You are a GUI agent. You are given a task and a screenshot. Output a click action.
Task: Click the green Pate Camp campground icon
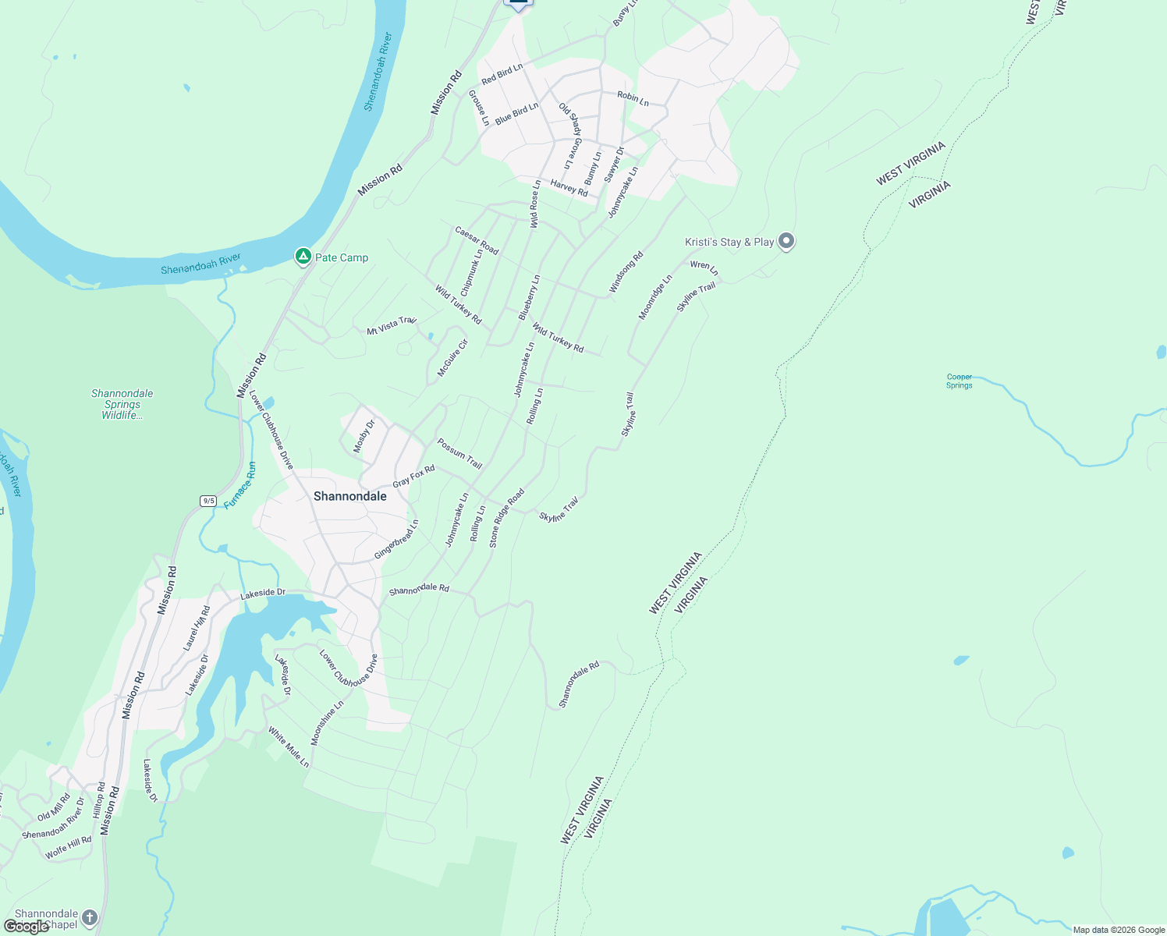pyautogui.click(x=303, y=256)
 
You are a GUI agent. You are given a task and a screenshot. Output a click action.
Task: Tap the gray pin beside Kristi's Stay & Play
pyautogui.click(x=786, y=241)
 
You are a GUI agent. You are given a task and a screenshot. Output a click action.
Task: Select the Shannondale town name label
pyautogui.click(x=349, y=496)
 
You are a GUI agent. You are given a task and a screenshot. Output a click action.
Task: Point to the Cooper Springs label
pyautogui.click(x=959, y=381)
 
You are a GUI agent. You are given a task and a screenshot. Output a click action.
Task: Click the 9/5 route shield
pyautogui.click(x=208, y=501)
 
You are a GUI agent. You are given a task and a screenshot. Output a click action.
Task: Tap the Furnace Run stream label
pyautogui.click(x=240, y=486)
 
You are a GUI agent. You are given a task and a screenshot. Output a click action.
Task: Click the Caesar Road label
pyautogui.click(x=477, y=240)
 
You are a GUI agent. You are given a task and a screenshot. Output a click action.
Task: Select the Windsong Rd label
pyautogui.click(x=626, y=272)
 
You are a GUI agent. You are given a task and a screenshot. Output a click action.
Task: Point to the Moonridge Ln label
pyautogui.click(x=655, y=297)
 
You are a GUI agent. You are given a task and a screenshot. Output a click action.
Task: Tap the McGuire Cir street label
pyautogui.click(x=452, y=358)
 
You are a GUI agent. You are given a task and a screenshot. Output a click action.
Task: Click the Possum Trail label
pyautogui.click(x=459, y=453)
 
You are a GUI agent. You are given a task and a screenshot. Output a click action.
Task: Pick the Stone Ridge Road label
pyautogui.click(x=506, y=518)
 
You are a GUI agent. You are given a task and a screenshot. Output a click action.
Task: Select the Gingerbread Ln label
pyautogui.click(x=396, y=539)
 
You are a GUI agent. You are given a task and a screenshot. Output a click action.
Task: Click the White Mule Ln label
pyautogui.click(x=289, y=746)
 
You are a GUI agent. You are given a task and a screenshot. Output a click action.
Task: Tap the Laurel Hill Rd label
pyautogui.click(x=197, y=628)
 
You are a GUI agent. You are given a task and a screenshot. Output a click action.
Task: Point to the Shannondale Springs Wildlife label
pyautogui.click(x=122, y=404)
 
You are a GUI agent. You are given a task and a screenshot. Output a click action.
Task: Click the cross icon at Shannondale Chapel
pyautogui.click(x=90, y=917)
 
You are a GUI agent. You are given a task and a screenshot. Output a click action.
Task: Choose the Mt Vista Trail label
pyautogui.click(x=392, y=325)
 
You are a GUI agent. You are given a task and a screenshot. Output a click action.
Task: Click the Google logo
pyautogui.click(x=27, y=926)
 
